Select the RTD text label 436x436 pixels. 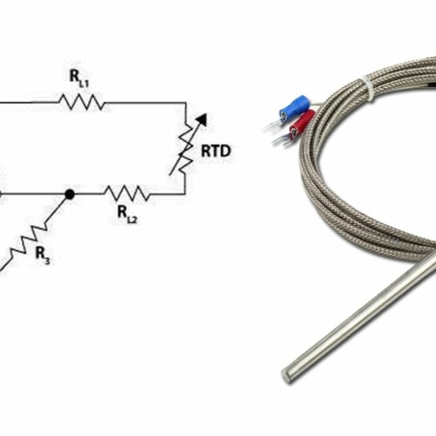click(215, 151)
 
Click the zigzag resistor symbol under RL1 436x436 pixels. click(82, 102)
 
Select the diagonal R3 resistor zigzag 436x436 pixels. click(31, 238)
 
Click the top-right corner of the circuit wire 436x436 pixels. click(185, 102)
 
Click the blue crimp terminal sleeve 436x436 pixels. click(294, 109)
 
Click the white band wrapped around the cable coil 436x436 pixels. click(370, 88)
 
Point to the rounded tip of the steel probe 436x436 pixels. click(288, 376)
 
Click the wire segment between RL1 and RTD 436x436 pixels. click(144, 102)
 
